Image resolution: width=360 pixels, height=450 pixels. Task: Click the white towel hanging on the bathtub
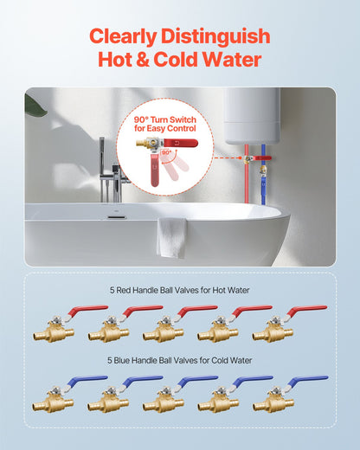click(171, 236)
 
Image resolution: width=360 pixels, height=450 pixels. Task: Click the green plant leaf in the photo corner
click(35, 105)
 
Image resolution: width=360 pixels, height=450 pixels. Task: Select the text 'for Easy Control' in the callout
click(164, 129)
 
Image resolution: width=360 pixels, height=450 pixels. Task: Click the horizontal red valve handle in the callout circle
click(177, 143)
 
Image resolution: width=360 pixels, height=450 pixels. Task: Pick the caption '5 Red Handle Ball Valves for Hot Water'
click(179, 290)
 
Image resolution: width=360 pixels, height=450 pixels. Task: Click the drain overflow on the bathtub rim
click(113, 210)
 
